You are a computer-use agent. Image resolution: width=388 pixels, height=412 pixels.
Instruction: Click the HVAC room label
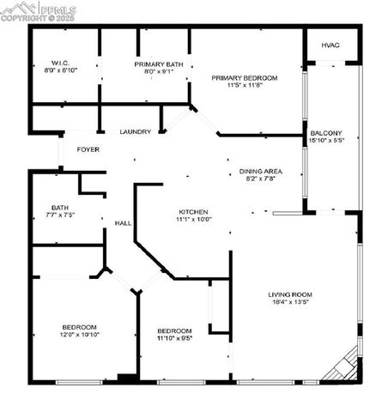[x=330, y=45]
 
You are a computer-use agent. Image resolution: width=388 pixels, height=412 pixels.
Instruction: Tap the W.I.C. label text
[x=59, y=63]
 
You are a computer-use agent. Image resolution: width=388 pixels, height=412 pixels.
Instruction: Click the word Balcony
[x=326, y=132]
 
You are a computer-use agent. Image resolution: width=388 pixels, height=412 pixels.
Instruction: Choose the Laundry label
[x=136, y=131]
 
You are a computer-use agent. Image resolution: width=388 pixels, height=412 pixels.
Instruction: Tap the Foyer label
[x=88, y=149]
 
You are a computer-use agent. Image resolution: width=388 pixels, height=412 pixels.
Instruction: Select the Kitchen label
[x=193, y=211]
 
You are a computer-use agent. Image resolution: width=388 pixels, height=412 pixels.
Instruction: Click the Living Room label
[x=289, y=294]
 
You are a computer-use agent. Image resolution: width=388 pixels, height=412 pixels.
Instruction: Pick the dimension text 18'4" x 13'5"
[x=289, y=302]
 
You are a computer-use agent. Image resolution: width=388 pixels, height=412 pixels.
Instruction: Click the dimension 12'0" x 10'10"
[x=79, y=335]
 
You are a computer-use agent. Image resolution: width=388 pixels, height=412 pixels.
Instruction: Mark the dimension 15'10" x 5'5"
[x=326, y=140]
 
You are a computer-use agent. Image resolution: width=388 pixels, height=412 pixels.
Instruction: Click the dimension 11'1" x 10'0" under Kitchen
[x=193, y=219]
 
